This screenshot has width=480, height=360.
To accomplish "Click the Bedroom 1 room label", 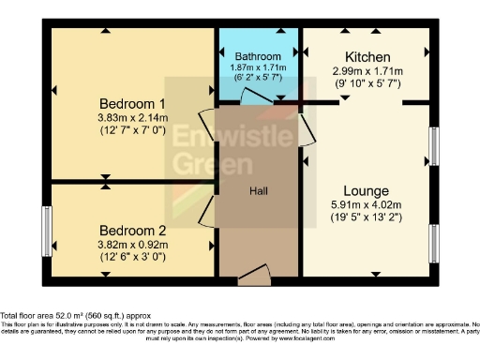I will click(132, 103).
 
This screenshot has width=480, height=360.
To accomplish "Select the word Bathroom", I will click(258, 56).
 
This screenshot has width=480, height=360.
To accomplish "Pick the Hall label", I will click(260, 191).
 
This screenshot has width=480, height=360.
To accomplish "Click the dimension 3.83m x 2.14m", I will click(132, 117).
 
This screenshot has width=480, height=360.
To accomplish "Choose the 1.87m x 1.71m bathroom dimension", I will click(258, 68).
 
